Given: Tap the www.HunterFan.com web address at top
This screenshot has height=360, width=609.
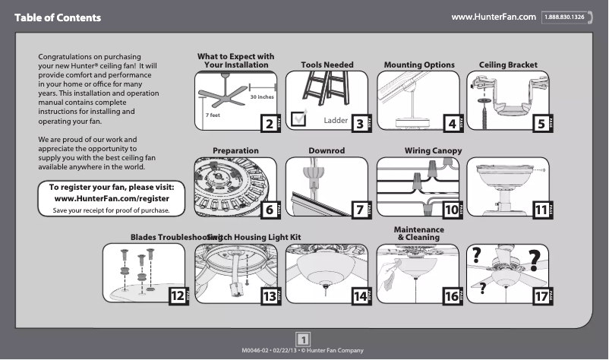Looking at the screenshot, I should click(494, 16).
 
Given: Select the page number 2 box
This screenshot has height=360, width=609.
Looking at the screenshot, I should click(267, 124).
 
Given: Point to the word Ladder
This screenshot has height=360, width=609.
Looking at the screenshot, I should click(335, 121).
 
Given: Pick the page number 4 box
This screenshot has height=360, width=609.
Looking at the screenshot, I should click(453, 124).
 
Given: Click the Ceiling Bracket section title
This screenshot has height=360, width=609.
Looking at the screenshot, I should click(508, 65).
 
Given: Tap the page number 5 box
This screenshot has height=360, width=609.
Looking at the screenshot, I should click(541, 124).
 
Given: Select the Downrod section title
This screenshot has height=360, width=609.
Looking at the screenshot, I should click(327, 151).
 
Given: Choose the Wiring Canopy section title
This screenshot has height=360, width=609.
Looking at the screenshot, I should click(433, 151).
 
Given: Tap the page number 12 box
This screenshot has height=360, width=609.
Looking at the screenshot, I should click(177, 297).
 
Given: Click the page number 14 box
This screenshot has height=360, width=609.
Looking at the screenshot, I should click(361, 297).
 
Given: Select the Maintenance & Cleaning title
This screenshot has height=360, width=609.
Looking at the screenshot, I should click(418, 233).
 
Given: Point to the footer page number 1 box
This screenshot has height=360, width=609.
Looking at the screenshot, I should click(303, 339).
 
